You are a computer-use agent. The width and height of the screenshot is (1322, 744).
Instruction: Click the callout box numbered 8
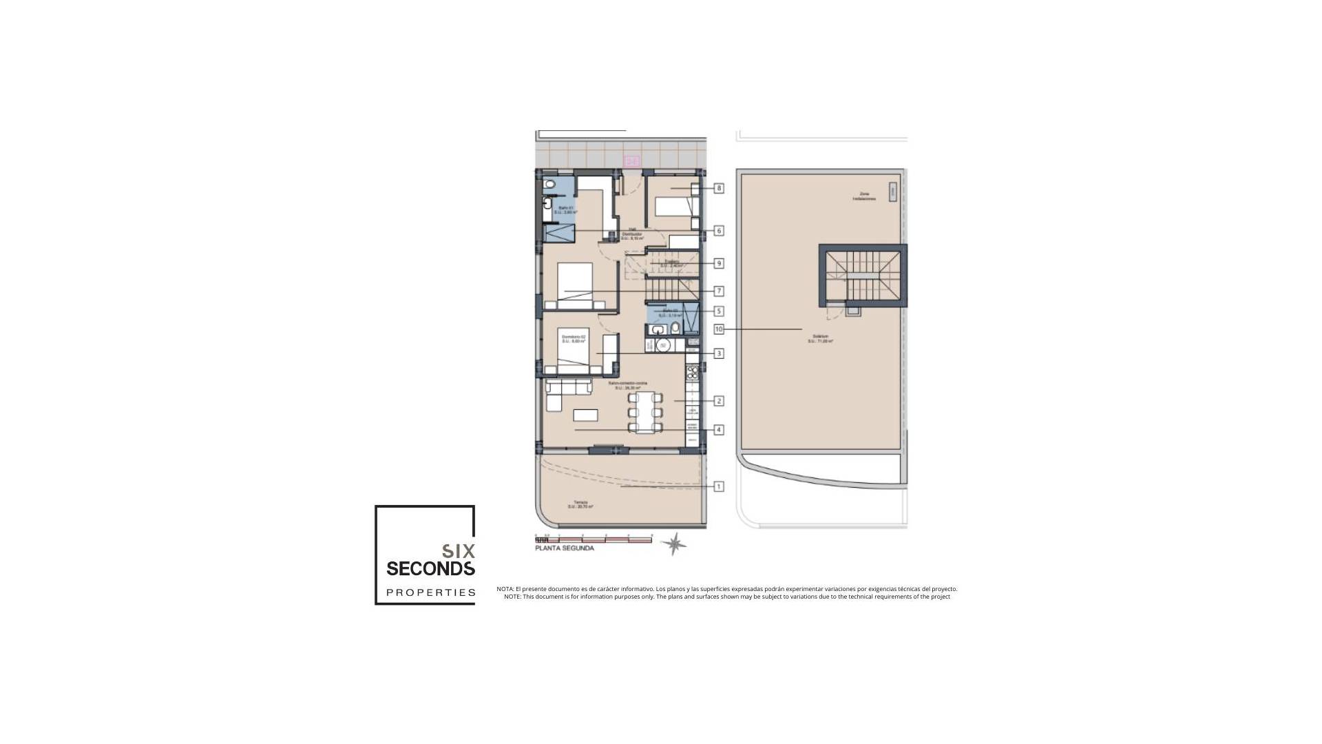pyautogui.click(x=719, y=188)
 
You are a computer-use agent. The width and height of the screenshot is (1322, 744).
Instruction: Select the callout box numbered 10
pyautogui.click(x=719, y=329)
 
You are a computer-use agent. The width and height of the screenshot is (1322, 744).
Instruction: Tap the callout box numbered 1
pyautogui.click(x=719, y=486)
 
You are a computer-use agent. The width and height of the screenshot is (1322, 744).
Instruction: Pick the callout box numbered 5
pyautogui.click(x=719, y=311)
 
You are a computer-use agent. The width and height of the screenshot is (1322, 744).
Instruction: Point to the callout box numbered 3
pyautogui.click(x=719, y=353)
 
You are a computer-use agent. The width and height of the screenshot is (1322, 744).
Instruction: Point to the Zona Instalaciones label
pyautogui.click(x=863, y=196)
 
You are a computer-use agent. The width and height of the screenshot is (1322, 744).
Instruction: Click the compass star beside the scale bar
pyautogui.click(x=674, y=544)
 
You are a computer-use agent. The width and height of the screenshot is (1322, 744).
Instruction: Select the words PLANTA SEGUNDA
pyautogui.click(x=564, y=549)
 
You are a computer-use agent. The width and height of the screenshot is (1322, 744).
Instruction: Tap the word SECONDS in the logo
pyautogui.click(x=430, y=568)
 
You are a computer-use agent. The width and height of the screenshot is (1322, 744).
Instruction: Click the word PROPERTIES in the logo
pyautogui.click(x=430, y=592)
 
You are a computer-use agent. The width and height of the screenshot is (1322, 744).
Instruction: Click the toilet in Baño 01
pyautogui.click(x=549, y=185)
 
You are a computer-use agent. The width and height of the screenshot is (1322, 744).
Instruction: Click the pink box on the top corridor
pyautogui.click(x=631, y=161)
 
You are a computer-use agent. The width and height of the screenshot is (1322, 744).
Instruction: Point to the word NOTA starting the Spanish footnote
pyautogui.click(x=505, y=589)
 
